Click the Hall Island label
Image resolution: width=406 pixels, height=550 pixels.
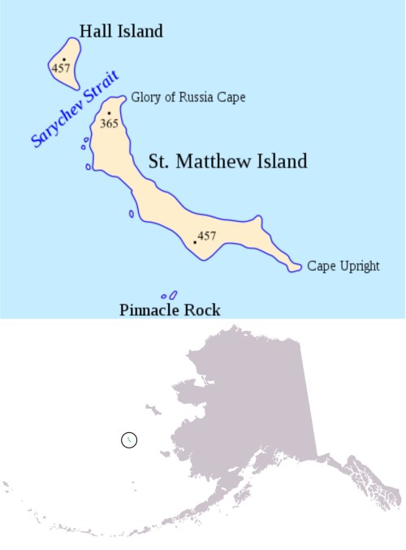coord(121,32)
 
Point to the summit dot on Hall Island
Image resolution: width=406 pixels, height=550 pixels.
coord(64,58)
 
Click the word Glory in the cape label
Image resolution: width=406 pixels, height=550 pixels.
coord(146,98)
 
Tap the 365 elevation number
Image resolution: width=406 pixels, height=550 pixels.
coord(110,124)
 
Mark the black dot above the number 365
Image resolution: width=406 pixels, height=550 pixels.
coord(109,114)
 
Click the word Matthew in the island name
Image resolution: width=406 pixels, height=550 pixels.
coord(224,162)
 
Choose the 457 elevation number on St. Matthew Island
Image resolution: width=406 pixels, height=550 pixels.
coord(207,236)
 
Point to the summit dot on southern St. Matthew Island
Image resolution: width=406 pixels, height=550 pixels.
coord(195,241)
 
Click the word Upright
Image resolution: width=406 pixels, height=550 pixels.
coord(360,266)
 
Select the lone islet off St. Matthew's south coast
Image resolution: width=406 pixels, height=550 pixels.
coord(132,214)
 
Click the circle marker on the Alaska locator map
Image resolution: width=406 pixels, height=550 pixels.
coord(128,440)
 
